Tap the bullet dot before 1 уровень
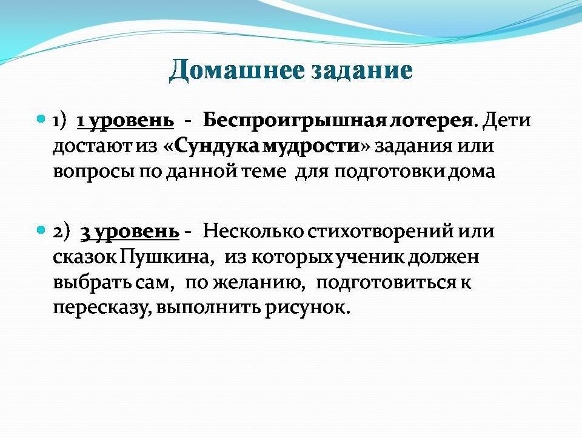[41, 119]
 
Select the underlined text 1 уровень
[125, 121]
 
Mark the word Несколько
[254, 231]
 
